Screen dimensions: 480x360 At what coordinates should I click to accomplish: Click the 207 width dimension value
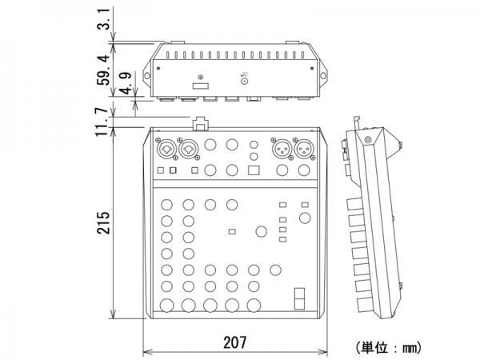coord(234,342)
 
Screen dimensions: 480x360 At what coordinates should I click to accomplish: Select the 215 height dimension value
coord(103,222)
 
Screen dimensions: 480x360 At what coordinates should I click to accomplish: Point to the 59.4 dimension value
coord(103,70)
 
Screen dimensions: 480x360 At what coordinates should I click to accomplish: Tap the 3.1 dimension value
coord(103,19)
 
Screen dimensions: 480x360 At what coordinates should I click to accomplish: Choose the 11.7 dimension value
coord(102,122)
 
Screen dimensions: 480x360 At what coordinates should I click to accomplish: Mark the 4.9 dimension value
coord(126,83)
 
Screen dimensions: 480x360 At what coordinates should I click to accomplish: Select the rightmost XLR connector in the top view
coord(304,150)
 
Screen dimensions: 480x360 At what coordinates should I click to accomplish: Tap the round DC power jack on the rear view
coord(244,81)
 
